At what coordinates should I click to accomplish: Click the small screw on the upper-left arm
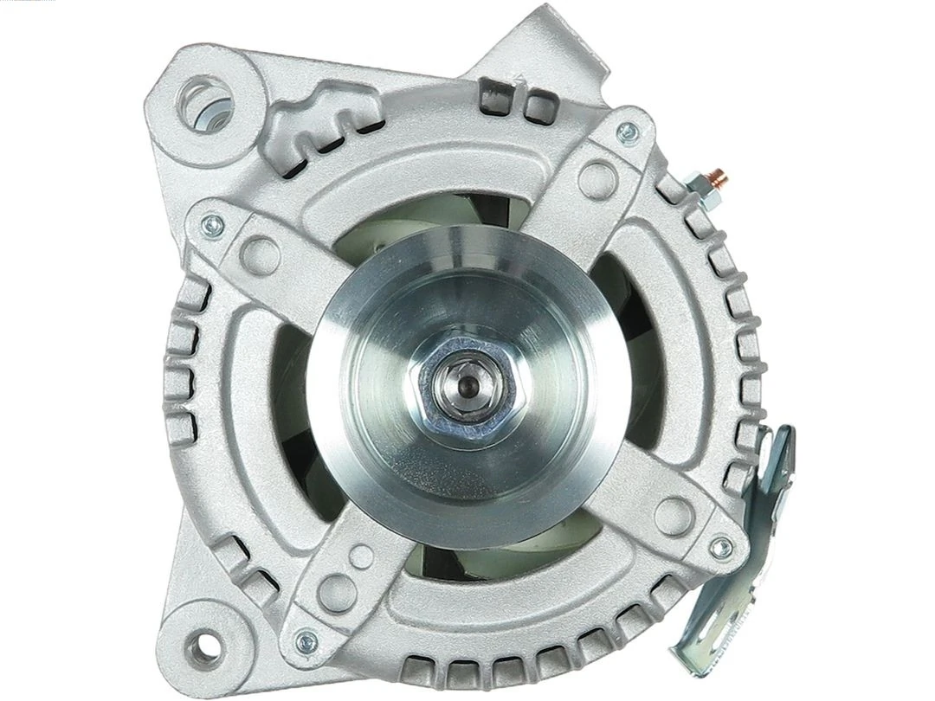click(210, 227)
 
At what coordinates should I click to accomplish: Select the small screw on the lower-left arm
click(306, 641)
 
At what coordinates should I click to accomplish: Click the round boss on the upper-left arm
click(260, 254)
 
